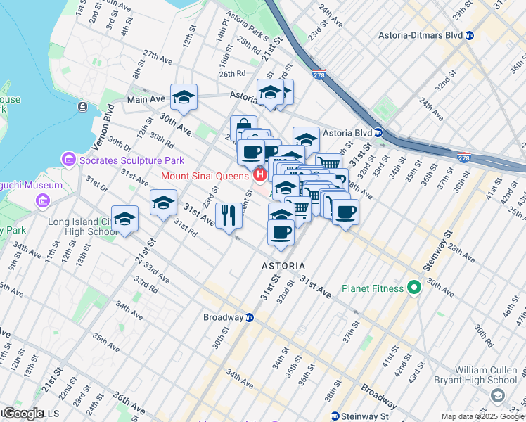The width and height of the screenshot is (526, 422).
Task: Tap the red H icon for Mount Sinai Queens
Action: (x=259, y=174)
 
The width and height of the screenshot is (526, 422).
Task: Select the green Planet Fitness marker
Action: (x=414, y=287)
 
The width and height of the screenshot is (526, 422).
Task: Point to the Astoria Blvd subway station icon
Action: (x=378, y=132)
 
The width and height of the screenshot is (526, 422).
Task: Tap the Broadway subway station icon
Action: (x=249, y=317)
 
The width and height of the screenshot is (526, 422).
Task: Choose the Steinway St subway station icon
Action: (x=335, y=416)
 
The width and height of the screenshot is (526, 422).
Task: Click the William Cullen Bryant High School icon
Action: (x=498, y=396)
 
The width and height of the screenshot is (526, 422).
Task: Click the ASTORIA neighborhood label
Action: (x=283, y=266)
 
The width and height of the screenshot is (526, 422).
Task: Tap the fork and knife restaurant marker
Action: (x=228, y=215)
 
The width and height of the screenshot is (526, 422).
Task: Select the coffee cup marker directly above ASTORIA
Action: (x=281, y=232)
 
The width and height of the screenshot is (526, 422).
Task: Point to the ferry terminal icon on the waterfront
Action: (x=83, y=107)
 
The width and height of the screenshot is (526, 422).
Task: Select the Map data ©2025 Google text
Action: (x=482, y=416)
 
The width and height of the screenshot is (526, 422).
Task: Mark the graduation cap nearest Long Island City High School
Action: (x=125, y=218)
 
